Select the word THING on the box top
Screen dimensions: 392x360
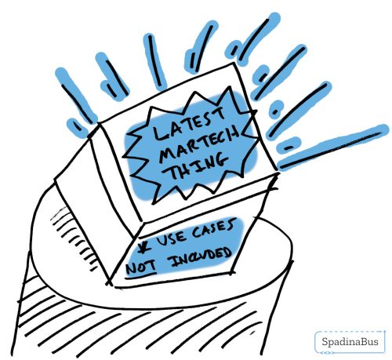pos(198,166)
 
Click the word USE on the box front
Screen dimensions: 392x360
pos(171,238)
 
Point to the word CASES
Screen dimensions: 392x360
pos(214,229)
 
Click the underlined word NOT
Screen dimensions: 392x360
pos(141,267)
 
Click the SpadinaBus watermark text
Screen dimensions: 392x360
pos(350,342)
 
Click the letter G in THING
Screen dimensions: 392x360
pos(220,161)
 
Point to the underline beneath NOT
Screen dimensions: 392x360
pos(141,275)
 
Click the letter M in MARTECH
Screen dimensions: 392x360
pos(167,154)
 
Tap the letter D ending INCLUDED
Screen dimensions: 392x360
pos(227,253)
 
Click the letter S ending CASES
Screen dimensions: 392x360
pos(230,226)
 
